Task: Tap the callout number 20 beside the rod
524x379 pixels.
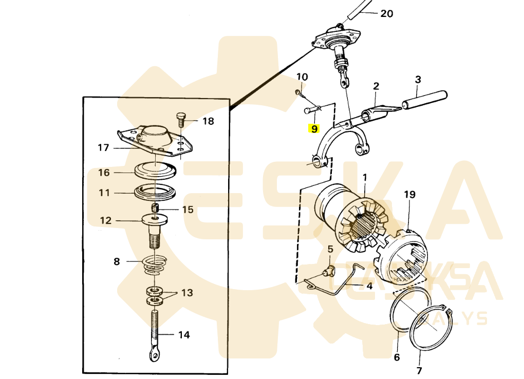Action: (x=386, y=14)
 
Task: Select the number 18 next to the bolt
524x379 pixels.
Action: (x=208, y=122)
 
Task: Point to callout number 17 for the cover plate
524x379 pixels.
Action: (x=103, y=148)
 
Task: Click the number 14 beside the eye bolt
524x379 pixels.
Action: (x=184, y=335)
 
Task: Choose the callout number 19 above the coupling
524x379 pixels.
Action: (x=409, y=195)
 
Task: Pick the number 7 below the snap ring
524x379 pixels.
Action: (x=419, y=370)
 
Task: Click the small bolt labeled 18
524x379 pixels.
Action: (x=181, y=119)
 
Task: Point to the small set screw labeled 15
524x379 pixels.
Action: (x=155, y=208)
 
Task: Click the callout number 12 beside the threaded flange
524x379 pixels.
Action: (x=106, y=221)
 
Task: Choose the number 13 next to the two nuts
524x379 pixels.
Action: (x=187, y=293)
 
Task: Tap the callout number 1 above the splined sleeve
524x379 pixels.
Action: (x=365, y=178)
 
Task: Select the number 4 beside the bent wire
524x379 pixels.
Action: (x=369, y=286)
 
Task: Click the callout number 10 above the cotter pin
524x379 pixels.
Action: (x=302, y=77)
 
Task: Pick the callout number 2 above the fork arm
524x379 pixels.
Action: (x=376, y=86)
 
